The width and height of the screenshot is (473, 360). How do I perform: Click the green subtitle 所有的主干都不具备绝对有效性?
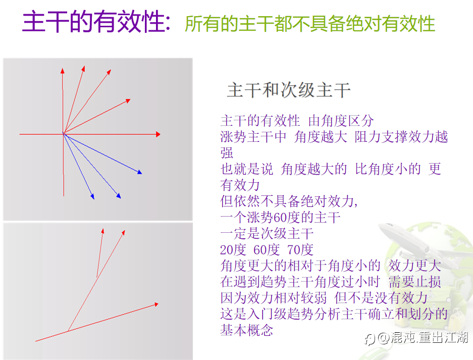click(310, 24)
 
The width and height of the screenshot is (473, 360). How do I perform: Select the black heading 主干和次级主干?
click(289, 90)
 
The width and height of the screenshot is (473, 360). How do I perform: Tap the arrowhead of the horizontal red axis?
click(158, 134)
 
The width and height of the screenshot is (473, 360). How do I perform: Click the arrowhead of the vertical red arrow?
click(63, 71)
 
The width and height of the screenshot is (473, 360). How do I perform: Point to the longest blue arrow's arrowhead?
click(140, 172)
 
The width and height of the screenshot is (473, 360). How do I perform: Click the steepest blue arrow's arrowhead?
click(92, 197)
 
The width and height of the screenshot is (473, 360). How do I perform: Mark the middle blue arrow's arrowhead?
click(119, 196)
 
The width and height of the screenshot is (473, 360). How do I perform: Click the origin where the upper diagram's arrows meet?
click(63, 133)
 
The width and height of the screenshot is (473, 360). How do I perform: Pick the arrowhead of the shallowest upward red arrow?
click(128, 100)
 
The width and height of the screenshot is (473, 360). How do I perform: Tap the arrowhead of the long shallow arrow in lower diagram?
click(156, 304)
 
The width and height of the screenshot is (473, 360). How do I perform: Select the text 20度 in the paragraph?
click(233, 249)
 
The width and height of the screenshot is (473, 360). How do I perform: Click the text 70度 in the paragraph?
click(300, 249)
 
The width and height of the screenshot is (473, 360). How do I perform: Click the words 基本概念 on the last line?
click(247, 330)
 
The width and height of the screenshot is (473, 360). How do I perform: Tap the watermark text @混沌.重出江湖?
click(423, 338)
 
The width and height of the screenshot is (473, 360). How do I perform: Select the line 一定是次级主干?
click(267, 233)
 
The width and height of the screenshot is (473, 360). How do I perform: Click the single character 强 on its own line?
click(227, 152)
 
